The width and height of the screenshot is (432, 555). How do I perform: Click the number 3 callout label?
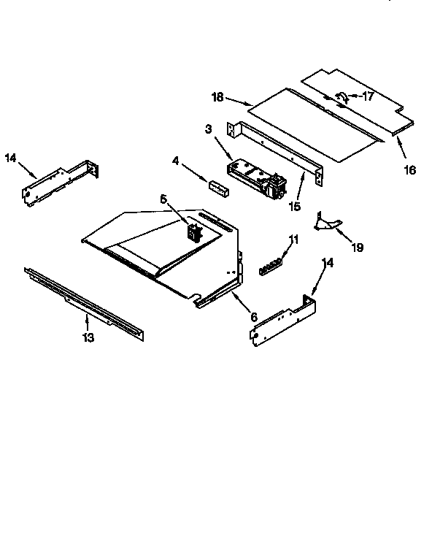[209, 129]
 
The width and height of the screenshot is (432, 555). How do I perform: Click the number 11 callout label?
[293, 239]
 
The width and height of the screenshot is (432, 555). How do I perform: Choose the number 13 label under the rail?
[87, 337]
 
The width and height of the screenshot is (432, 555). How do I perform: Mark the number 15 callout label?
[294, 207]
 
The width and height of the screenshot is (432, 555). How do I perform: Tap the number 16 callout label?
[409, 170]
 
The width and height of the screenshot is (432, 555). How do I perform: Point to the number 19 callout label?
[356, 248]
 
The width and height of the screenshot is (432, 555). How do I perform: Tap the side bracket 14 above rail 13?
[58, 183]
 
